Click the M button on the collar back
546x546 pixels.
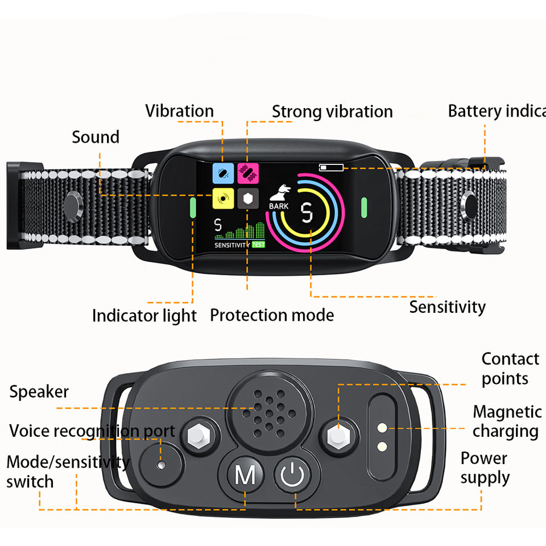(245, 475)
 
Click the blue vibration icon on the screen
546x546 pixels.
(223, 172)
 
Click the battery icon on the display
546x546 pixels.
(331, 167)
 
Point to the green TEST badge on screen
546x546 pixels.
(258, 245)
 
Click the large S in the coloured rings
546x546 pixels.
(308, 213)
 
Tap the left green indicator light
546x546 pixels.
(192, 208)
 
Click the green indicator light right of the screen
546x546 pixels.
(364, 208)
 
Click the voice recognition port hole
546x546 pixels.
(160, 465)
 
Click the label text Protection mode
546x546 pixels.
(272, 315)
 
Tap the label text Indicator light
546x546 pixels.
(144, 316)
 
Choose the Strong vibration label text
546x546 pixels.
(332, 112)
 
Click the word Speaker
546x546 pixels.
(39, 392)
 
